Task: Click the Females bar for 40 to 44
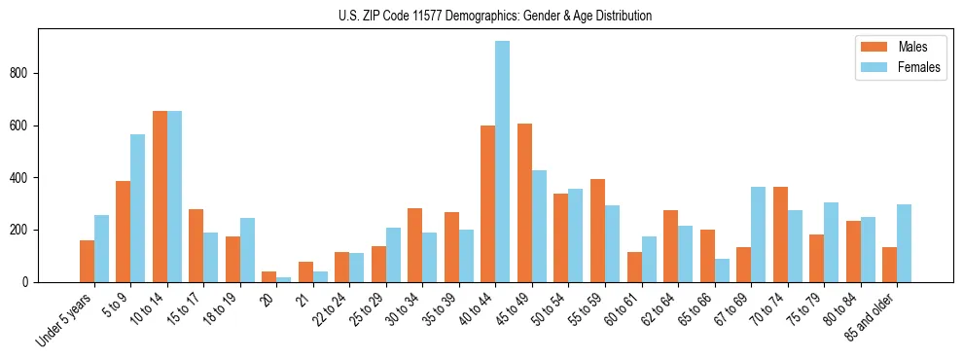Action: click(503, 162)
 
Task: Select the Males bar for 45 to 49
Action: click(524, 202)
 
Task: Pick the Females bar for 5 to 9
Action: click(138, 208)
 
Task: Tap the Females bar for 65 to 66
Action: click(722, 270)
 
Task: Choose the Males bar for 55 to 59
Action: click(597, 231)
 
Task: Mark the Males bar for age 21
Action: click(305, 271)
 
